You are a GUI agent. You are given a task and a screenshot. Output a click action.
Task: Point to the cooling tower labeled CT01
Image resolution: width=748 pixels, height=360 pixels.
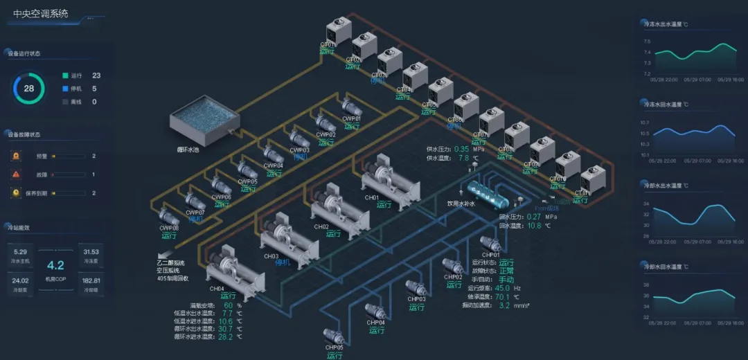point(339,30)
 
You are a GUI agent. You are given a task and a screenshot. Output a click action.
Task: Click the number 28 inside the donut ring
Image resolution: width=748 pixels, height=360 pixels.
point(29,88)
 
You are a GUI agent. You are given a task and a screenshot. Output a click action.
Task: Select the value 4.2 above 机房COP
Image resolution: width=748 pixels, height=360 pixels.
point(55,265)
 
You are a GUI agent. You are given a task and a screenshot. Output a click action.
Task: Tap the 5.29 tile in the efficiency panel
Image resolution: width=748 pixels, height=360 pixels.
point(20,253)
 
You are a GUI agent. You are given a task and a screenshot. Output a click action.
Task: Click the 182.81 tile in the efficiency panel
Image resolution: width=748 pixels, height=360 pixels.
point(91,280)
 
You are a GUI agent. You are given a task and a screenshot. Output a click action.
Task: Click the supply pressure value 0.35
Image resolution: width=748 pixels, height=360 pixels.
point(462,149)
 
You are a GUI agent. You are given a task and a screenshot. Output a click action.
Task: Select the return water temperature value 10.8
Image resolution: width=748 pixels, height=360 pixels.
point(534,226)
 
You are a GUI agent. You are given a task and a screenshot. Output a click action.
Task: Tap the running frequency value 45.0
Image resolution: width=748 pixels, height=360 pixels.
point(502,288)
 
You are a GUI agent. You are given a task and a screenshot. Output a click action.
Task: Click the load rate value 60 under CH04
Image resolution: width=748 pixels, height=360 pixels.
point(229,305)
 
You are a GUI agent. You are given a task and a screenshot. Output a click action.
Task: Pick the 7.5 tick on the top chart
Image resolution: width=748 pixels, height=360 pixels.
point(647,52)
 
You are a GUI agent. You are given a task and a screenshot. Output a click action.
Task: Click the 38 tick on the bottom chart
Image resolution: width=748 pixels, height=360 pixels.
point(647,285)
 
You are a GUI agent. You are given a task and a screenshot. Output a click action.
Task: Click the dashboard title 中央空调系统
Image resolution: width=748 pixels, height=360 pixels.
point(41,13)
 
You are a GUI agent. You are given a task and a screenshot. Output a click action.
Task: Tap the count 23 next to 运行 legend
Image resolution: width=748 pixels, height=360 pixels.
point(96,75)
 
